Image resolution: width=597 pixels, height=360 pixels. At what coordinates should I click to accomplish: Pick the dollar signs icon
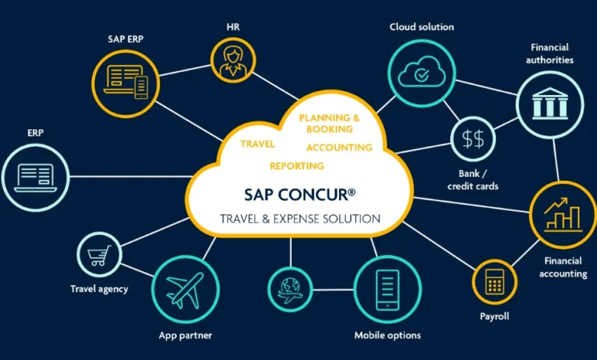473,139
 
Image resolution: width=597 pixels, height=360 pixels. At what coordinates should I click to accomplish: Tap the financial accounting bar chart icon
563,213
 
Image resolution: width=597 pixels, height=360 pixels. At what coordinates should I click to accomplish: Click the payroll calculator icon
494,281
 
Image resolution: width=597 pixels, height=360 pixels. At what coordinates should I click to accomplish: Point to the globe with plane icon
290,290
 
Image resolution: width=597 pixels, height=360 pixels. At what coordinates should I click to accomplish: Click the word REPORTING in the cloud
296,165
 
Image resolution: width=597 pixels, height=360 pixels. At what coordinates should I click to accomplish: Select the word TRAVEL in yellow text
257,143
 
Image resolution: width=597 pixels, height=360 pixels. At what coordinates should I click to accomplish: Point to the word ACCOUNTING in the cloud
339,147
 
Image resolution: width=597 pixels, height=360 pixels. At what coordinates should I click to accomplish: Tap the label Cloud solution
422,27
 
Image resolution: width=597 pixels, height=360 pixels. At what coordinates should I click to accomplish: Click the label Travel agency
99,289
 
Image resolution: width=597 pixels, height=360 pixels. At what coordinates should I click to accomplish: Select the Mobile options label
387,335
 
